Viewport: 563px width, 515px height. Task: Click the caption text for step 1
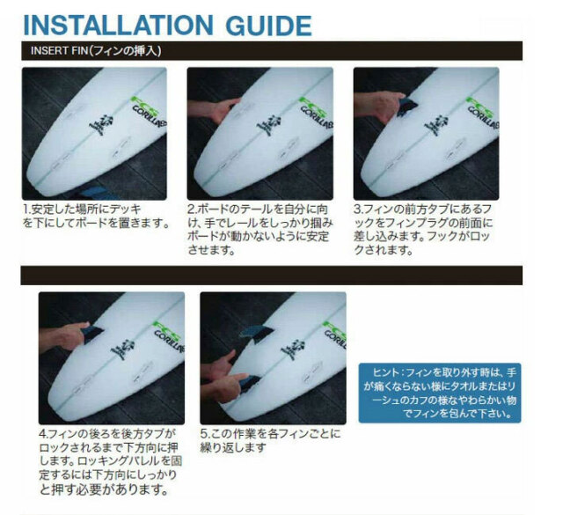(x=95, y=217)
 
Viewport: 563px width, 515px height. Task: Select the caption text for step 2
(x=259, y=230)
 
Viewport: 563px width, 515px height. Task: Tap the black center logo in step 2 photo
(x=264, y=124)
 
